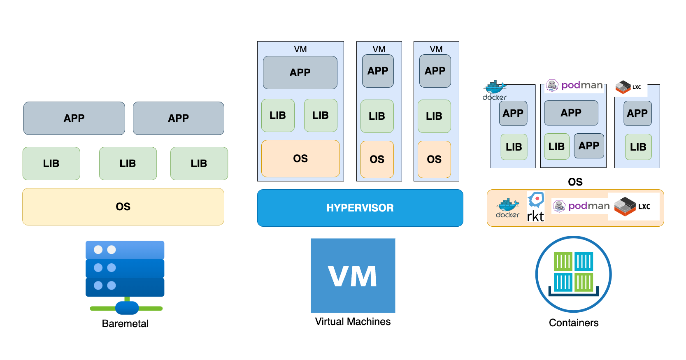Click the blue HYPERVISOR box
tap(360, 208)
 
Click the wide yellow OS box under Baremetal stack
tap(123, 207)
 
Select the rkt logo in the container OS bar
tap(535, 207)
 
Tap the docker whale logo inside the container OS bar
tap(508, 208)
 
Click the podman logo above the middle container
tap(574, 85)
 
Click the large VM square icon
tap(353, 276)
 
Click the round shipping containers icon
tap(573, 274)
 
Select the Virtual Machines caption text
tap(353, 322)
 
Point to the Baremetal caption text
tap(125, 324)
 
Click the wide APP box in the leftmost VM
tap(300, 72)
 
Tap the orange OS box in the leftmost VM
tap(300, 158)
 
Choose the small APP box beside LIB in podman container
tap(589, 146)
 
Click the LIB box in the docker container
tap(514, 147)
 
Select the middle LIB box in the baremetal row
tap(128, 163)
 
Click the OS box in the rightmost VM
tap(434, 159)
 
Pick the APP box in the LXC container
tap(637, 113)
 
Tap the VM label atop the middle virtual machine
tap(379, 49)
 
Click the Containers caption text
tap(574, 323)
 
